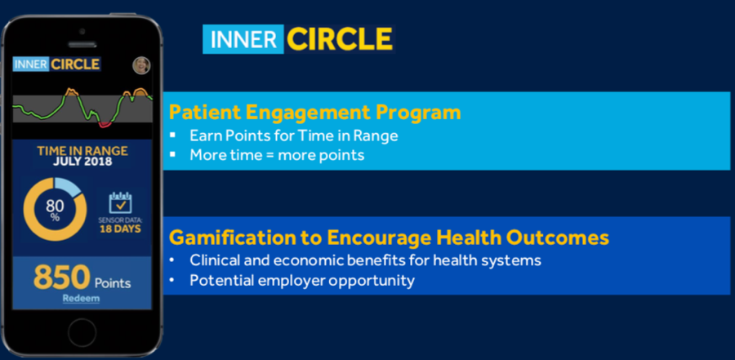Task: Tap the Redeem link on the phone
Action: pyautogui.click(x=81, y=299)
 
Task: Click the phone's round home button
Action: pyautogui.click(x=82, y=333)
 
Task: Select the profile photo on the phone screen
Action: pyautogui.click(x=141, y=65)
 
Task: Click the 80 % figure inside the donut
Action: pyautogui.click(x=56, y=210)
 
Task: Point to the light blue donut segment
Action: pyautogui.click(x=69, y=187)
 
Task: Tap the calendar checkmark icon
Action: pyautogui.click(x=121, y=202)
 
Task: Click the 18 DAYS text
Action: pyautogui.click(x=121, y=229)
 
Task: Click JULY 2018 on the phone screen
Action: pyautogui.click(x=82, y=162)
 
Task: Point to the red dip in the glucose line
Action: pyautogui.click(x=105, y=124)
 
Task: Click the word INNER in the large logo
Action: pyautogui.click(x=243, y=39)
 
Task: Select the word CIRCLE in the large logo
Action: pyautogui.click(x=340, y=39)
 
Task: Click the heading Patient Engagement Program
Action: pyautogui.click(x=314, y=113)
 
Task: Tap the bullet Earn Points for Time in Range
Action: pyautogui.click(x=294, y=136)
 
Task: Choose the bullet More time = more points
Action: pyautogui.click(x=277, y=154)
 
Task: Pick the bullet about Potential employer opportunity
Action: pyautogui.click(x=302, y=280)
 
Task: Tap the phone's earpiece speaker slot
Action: pyautogui.click(x=82, y=45)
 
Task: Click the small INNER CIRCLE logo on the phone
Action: pyautogui.click(x=56, y=64)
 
